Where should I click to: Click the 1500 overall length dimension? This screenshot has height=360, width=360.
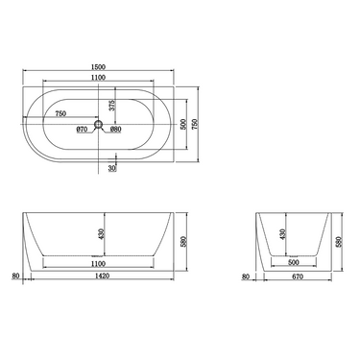[98, 67]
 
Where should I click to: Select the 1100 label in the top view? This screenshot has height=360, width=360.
[98, 77]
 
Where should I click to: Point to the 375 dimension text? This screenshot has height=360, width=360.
[111, 105]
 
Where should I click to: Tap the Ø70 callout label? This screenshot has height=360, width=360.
[82, 130]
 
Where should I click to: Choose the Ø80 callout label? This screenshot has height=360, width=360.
[115, 130]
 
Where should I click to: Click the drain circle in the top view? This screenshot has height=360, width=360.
[98, 124]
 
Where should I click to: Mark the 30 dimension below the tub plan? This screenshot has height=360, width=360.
[112, 168]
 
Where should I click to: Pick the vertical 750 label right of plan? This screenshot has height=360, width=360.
[195, 124]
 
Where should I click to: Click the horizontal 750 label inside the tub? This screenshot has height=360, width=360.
[60, 113]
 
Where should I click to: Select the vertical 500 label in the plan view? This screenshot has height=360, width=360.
[183, 124]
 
